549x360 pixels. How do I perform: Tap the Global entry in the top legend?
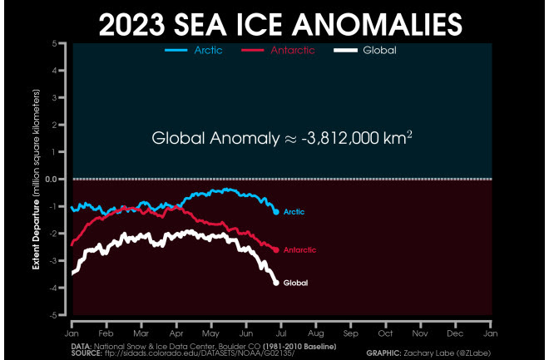[x=378, y=50]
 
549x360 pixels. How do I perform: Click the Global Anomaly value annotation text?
[x=283, y=139]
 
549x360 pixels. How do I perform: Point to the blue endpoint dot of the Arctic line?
[x=276, y=212]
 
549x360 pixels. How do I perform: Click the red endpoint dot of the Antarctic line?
[x=276, y=249]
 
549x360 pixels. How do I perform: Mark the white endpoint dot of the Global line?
[x=276, y=283]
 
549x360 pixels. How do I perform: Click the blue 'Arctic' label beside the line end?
[x=294, y=212]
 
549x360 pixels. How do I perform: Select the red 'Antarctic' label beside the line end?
[x=299, y=249]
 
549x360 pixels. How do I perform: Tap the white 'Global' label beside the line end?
[x=296, y=284]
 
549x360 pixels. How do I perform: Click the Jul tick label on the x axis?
[x=281, y=331]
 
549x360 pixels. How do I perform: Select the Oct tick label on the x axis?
[x=386, y=331]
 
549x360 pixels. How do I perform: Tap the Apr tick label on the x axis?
[x=176, y=331]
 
